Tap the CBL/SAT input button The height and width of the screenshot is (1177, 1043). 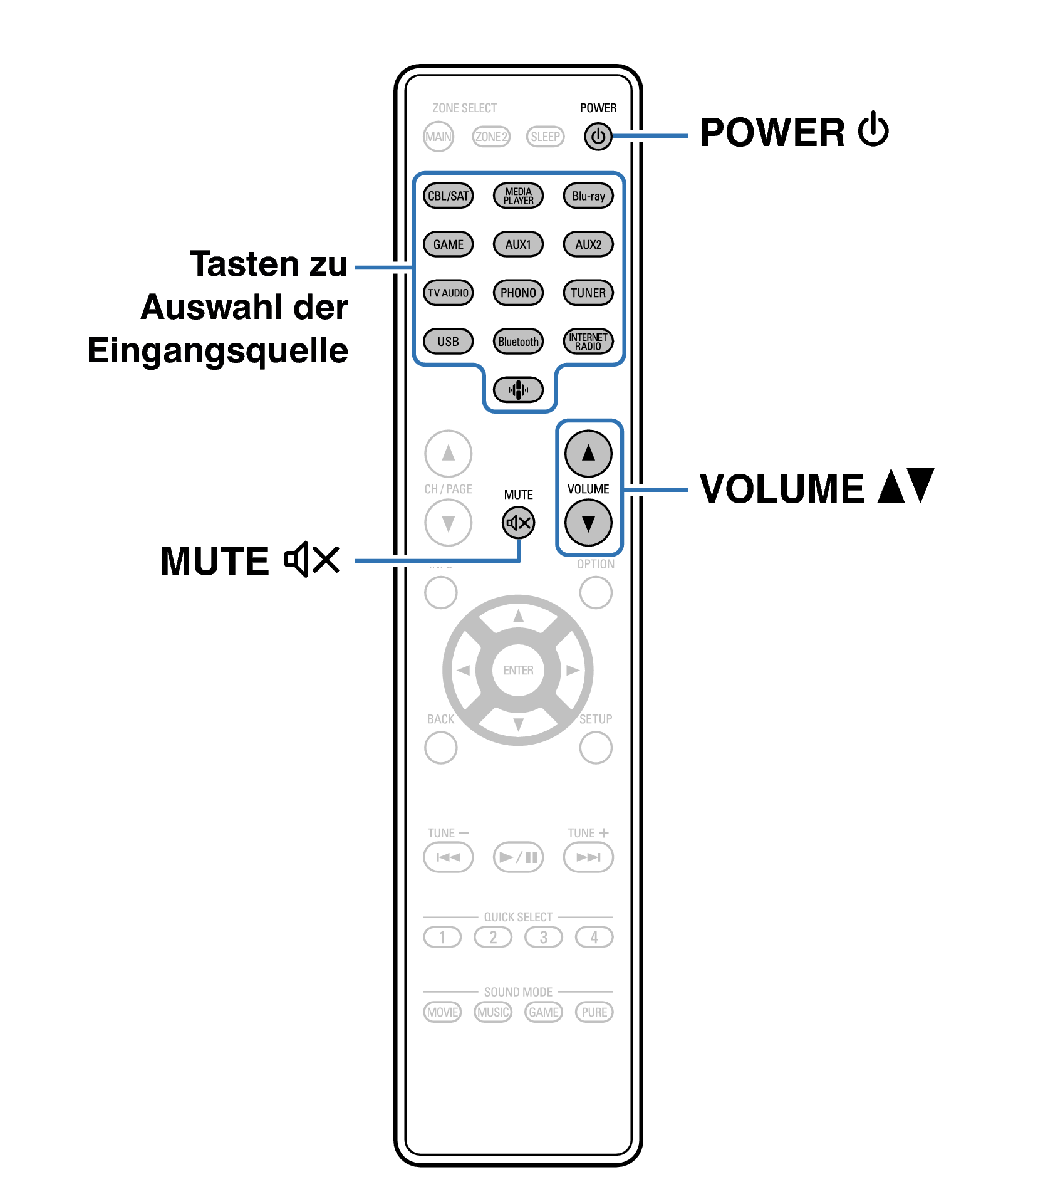[x=448, y=196]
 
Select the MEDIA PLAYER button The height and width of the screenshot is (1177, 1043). [x=518, y=196]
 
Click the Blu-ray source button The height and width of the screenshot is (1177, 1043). [x=588, y=196]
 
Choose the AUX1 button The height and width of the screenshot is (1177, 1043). [x=518, y=244]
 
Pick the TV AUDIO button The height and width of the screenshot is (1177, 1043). [x=448, y=293]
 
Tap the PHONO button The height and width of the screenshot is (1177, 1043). [x=518, y=293]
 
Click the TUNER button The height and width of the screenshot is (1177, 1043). [x=588, y=293]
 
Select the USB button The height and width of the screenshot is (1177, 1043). [x=448, y=341]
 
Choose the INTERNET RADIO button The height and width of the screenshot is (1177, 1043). [x=588, y=341]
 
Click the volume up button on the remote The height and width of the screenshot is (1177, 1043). [x=588, y=453]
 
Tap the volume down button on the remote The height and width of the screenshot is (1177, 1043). [x=588, y=523]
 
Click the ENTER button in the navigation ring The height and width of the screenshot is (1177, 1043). [x=518, y=670]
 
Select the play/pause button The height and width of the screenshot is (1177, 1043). [x=518, y=857]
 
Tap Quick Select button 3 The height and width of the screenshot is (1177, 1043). [x=544, y=937]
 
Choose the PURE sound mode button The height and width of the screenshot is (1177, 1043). [x=594, y=1012]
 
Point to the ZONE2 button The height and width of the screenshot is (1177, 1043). [x=492, y=137]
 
